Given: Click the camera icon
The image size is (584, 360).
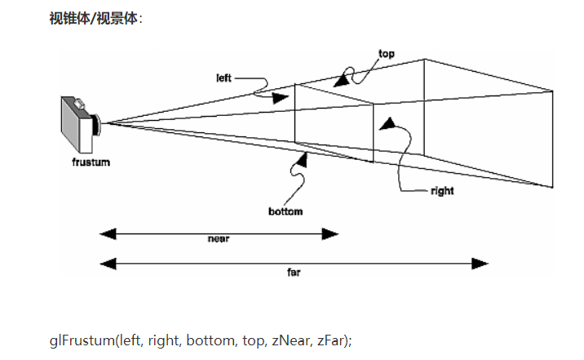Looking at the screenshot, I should tap(81, 124).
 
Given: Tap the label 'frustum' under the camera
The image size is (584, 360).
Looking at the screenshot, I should tap(90, 162).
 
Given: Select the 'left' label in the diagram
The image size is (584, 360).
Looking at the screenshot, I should tap(223, 78).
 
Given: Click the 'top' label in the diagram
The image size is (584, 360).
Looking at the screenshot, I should tap(386, 54).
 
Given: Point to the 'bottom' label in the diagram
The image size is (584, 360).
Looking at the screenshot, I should tap(285, 211).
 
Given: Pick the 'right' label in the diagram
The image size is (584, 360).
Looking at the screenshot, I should tap(441, 191).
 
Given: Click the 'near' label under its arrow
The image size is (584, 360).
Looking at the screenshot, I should tap(217, 240).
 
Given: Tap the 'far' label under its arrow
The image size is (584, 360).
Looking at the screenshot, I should tap(294, 273).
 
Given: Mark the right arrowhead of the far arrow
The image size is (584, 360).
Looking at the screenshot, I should tap(480, 263).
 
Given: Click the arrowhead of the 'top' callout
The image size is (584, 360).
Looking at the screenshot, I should tap(339, 81).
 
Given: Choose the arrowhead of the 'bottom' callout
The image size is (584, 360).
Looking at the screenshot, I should tap(300, 158).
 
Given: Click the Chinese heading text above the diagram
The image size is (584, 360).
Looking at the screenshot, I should tap(95, 18).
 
